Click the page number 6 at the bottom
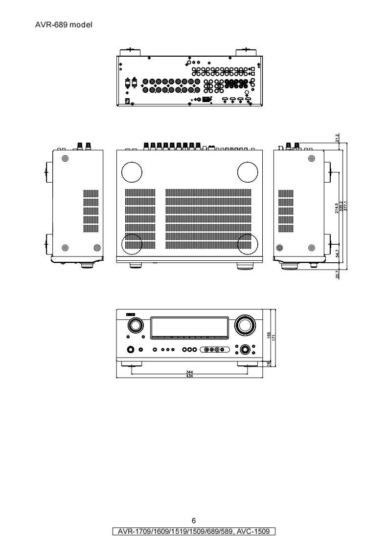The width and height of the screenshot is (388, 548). [x=194, y=520]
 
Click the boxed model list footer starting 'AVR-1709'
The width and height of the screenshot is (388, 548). [x=194, y=531]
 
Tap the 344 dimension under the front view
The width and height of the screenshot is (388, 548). [x=190, y=372]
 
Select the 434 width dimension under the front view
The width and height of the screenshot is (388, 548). [x=190, y=376]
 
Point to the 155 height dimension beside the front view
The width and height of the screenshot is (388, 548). [x=269, y=336]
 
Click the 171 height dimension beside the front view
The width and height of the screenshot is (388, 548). [x=274, y=337]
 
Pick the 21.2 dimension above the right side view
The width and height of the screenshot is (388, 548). [x=338, y=138]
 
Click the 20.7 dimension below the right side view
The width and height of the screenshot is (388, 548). [x=338, y=275]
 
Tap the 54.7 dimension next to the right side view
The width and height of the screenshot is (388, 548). [x=338, y=253]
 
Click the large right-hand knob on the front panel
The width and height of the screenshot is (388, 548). [x=245, y=325]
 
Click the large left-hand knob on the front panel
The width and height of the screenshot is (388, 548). [x=135, y=325]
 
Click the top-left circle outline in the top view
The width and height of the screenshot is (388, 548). [x=132, y=171]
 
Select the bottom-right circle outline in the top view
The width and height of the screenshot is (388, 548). [x=248, y=244]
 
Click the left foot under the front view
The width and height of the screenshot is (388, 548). [x=131, y=364]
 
